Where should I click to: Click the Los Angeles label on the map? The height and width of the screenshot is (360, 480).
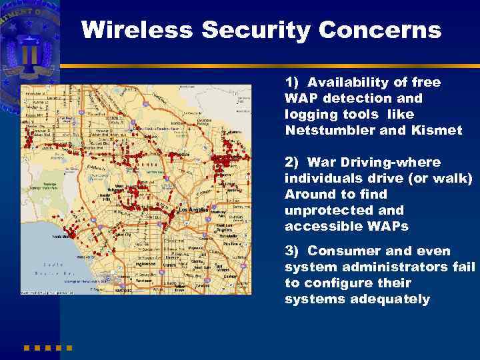click(x=194, y=210)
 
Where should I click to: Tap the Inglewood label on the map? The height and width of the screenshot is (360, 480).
click(x=146, y=263)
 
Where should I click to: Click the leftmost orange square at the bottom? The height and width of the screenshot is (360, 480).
click(x=27, y=347)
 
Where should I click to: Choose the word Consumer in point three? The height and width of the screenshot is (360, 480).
click(x=341, y=251)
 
